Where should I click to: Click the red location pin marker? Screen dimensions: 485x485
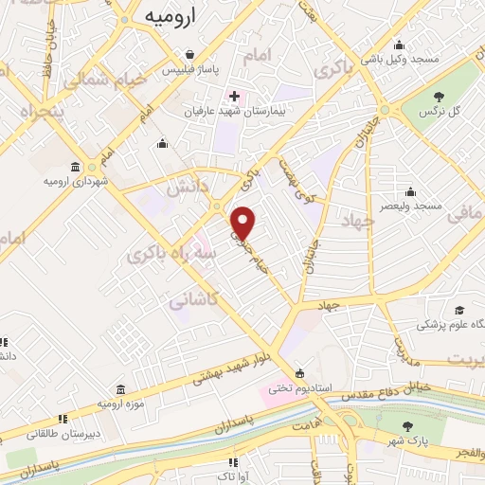[x=244, y=223]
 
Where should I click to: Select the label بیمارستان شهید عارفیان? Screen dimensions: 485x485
[x=235, y=112]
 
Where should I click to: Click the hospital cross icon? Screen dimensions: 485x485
[x=234, y=96]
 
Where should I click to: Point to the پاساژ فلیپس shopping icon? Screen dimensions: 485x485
[x=192, y=55]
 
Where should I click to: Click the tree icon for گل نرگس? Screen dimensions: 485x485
[x=438, y=96]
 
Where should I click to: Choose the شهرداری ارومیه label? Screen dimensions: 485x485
[x=70, y=180]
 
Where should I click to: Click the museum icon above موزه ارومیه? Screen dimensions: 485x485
[x=121, y=389]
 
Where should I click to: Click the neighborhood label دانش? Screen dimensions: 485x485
[x=186, y=187]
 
